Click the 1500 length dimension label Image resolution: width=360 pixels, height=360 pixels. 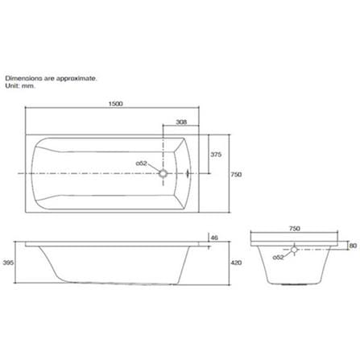(x=115, y=104)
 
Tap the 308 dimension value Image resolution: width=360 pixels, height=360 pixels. (x=181, y=122)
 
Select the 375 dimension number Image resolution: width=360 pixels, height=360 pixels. (x=216, y=155)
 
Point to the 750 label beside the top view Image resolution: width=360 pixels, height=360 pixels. (x=236, y=175)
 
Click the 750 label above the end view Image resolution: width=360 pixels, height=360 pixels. (x=295, y=229)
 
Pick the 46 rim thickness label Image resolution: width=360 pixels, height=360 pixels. (x=214, y=238)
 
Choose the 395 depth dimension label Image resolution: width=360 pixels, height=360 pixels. (x=8, y=263)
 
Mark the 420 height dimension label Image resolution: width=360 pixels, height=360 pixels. (x=236, y=263)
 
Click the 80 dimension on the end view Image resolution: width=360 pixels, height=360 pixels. (x=354, y=246)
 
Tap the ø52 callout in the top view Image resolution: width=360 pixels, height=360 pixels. (x=142, y=163)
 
